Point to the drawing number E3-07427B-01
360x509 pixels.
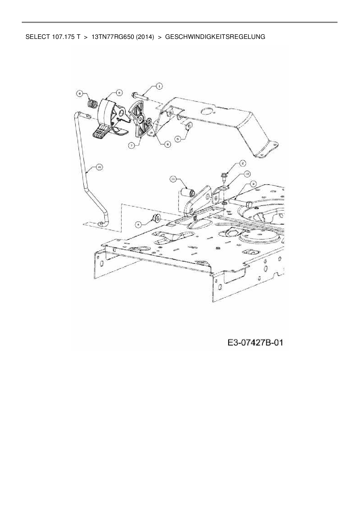click(255, 343)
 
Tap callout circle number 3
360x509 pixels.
click(253, 183)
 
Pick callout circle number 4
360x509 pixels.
click(139, 224)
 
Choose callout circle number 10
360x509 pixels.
click(99, 167)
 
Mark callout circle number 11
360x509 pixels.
click(173, 180)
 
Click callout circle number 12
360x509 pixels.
click(247, 174)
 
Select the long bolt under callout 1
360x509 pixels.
click(141, 96)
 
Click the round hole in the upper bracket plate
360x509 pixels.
click(207, 111)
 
